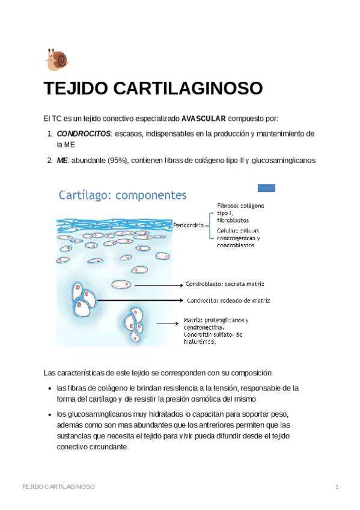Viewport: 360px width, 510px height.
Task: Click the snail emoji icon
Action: click(57, 60)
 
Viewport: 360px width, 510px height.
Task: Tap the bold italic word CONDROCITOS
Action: click(84, 133)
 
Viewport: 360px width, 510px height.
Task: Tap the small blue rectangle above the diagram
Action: click(266, 188)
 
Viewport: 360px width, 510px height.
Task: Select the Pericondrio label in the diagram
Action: click(190, 225)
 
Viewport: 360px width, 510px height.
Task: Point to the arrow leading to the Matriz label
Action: click(162, 322)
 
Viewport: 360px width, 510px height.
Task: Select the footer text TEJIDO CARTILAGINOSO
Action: click(58, 486)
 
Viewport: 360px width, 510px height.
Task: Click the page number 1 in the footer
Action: click(337, 486)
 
